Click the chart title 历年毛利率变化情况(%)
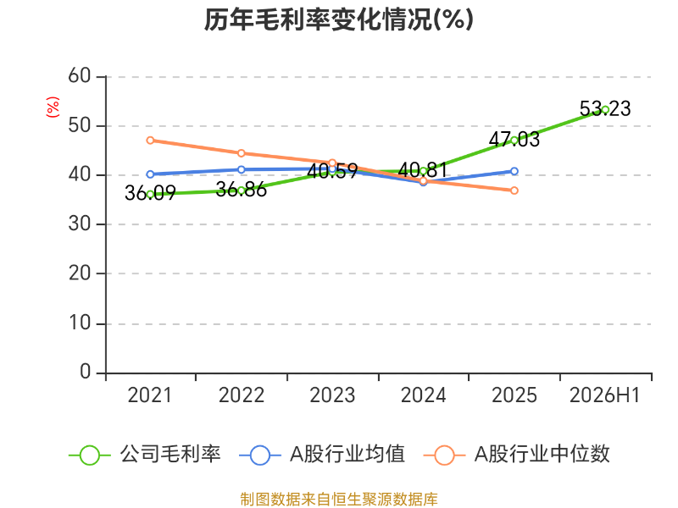(338, 19)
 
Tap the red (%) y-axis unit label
(53, 107)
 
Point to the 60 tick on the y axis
(80, 76)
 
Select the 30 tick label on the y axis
(80, 224)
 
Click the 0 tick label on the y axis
(86, 372)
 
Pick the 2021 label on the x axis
(150, 395)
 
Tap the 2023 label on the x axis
(332, 395)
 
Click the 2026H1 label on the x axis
(604, 395)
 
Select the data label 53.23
(605, 108)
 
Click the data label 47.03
(514, 139)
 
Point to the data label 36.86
(242, 189)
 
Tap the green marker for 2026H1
(605, 110)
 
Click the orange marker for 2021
(150, 141)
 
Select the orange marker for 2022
(242, 153)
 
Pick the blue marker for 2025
(514, 172)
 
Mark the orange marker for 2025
(514, 190)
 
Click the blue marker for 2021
(150, 174)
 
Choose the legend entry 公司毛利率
(145, 455)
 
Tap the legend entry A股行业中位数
(517, 455)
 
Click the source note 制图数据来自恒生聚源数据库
(339, 499)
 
